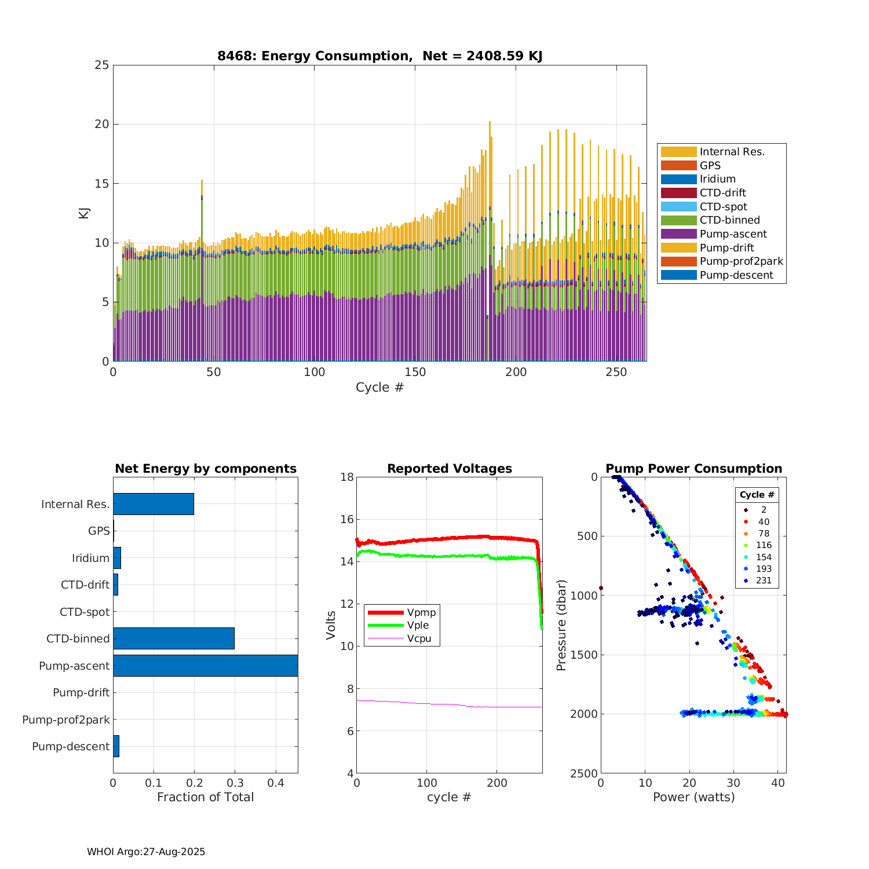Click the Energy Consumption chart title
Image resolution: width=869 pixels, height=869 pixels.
[379, 56]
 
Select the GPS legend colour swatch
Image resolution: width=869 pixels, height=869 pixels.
[678, 166]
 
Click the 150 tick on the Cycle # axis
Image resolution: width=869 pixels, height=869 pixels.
[415, 373]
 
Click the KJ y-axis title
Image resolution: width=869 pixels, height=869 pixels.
[84, 213]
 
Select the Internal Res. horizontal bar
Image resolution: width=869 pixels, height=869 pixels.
[154, 504]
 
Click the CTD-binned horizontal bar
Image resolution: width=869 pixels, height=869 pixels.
[174, 638]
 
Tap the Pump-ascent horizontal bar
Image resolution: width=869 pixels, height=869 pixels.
[206, 666]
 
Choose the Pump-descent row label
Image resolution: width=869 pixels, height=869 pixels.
[71, 746]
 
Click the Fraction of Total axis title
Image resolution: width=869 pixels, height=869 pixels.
[206, 797]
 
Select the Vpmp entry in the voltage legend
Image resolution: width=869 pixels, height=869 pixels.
[421, 612]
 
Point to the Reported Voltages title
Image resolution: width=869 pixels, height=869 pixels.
[450, 469]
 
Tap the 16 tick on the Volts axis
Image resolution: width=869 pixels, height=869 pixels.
[347, 520]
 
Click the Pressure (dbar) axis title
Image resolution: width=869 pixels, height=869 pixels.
[561, 625]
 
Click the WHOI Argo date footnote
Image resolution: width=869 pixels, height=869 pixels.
[146, 852]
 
